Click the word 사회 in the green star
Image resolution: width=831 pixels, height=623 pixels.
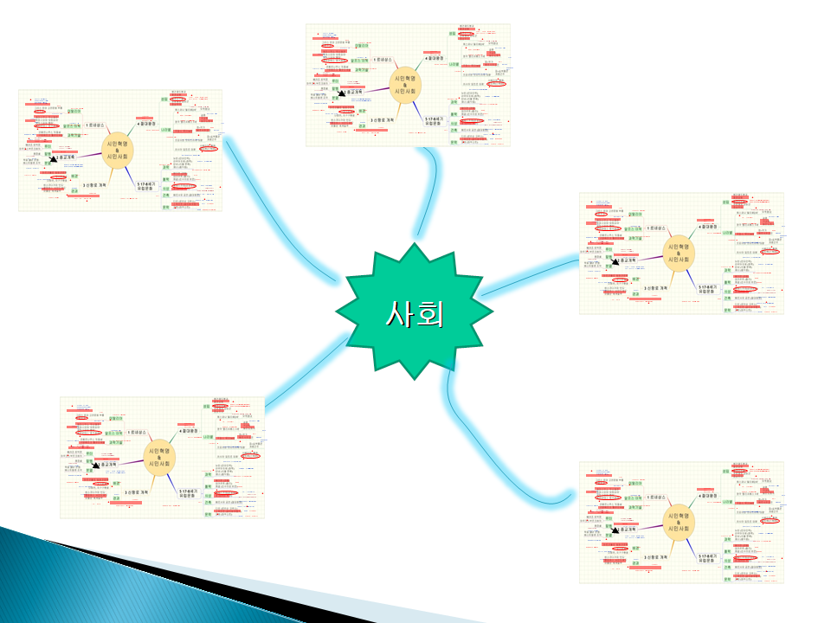[x=414, y=313]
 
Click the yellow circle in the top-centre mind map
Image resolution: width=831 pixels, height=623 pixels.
[x=404, y=84]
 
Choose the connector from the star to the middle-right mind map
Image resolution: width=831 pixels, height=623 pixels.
[x=528, y=275]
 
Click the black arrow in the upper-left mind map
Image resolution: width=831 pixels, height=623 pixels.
[x=55, y=159]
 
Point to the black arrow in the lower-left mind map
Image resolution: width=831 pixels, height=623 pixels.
[x=96, y=467]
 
